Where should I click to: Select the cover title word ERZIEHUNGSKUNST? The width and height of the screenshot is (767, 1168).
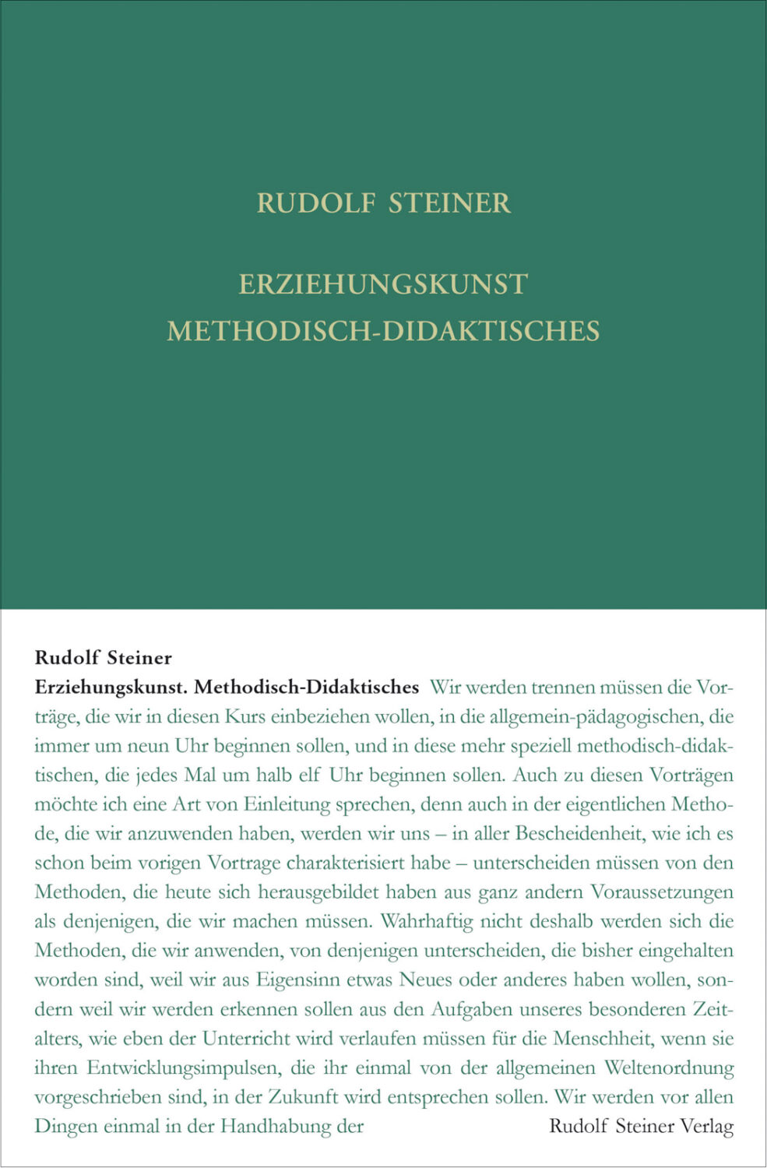point(383,284)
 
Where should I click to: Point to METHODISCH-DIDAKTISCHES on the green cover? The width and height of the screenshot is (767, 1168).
point(383,331)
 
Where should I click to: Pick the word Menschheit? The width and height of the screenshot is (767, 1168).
point(603,1038)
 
